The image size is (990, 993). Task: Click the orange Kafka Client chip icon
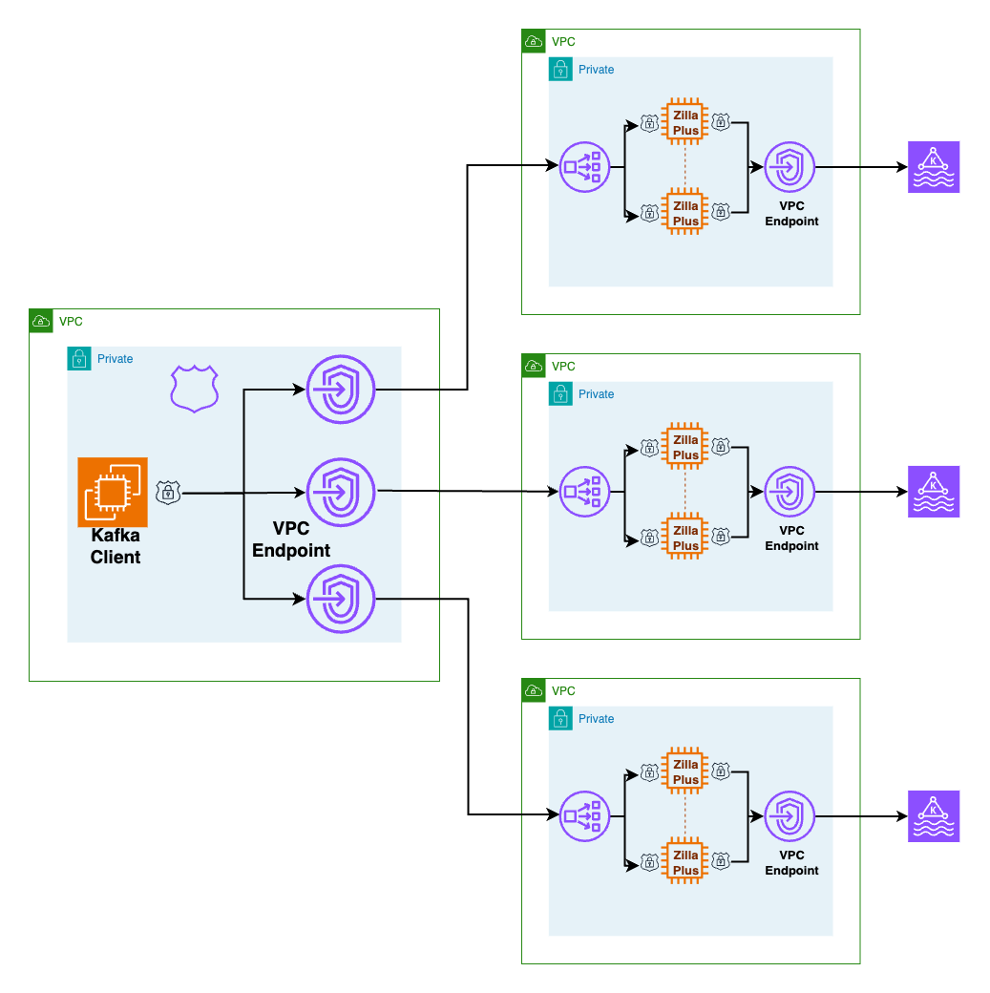113,492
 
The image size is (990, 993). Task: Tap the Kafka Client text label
116,546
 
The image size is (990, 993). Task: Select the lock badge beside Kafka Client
168,493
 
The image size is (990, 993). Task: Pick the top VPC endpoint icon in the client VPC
340,390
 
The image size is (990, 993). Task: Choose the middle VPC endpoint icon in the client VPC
340,492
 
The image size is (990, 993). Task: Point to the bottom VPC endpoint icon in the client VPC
340,599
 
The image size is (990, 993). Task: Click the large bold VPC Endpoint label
291,539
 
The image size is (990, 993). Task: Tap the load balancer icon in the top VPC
583,167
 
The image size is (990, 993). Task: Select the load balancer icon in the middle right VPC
583,492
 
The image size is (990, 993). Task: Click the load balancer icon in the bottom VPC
583,816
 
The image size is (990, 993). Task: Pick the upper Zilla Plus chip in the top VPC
685,121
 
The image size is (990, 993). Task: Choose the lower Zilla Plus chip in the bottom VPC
685,862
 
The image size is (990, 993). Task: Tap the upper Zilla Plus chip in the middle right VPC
685,446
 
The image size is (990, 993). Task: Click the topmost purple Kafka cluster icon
933,167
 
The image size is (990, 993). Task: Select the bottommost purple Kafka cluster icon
933,816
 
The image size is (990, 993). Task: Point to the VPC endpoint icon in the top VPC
790,167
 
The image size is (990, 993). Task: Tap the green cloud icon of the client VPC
41,322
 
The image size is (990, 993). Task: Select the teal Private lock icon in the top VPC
560,70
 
